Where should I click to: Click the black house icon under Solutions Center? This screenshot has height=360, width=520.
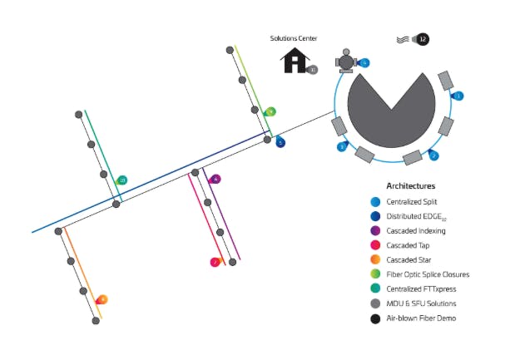click(294, 60)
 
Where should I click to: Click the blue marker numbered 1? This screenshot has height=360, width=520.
click(457, 96)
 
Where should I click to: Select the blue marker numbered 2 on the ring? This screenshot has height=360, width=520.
click(433, 155)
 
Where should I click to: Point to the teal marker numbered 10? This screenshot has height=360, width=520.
click(121, 180)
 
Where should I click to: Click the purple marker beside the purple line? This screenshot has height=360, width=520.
click(215, 179)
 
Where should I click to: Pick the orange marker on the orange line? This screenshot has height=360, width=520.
click(102, 299)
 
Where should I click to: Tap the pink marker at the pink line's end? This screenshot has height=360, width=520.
click(215, 263)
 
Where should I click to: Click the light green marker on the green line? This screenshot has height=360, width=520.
click(270, 111)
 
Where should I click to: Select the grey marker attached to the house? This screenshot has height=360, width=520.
click(312, 71)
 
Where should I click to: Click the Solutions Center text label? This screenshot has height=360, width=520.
click(294, 38)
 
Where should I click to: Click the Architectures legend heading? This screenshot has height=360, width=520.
click(410, 186)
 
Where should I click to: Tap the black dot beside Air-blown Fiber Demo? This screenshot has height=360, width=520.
click(376, 318)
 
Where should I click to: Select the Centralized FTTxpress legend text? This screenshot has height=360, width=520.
click(428, 289)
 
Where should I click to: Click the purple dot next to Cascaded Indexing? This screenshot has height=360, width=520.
click(376, 230)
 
